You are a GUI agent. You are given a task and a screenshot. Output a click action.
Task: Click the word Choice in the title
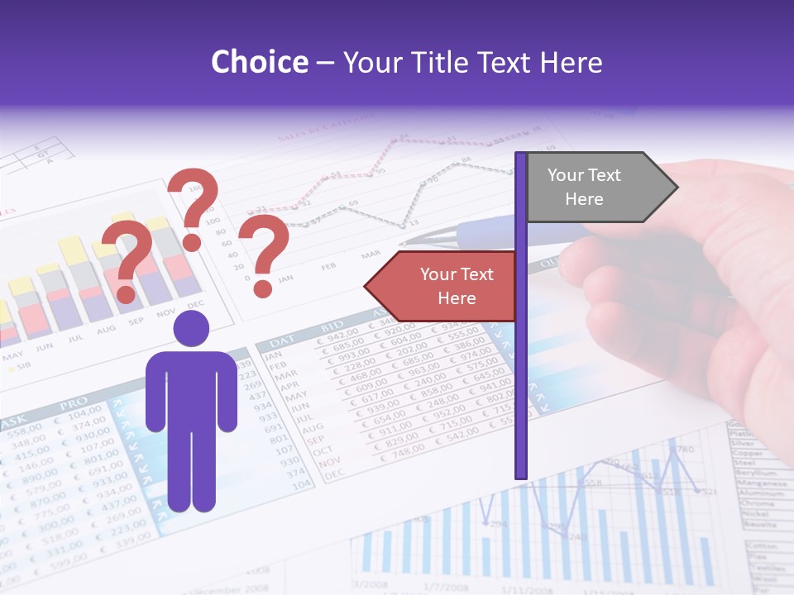[x=259, y=63]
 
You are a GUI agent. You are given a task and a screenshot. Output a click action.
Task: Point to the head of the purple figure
[x=191, y=329]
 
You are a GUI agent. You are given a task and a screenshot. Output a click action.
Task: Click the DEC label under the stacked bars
[x=194, y=304]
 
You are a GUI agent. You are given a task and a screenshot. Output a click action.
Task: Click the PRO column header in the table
[x=72, y=406]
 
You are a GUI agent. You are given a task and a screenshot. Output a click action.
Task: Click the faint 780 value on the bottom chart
[x=684, y=450]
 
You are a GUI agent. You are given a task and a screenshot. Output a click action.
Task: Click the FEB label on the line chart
[x=328, y=266]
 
